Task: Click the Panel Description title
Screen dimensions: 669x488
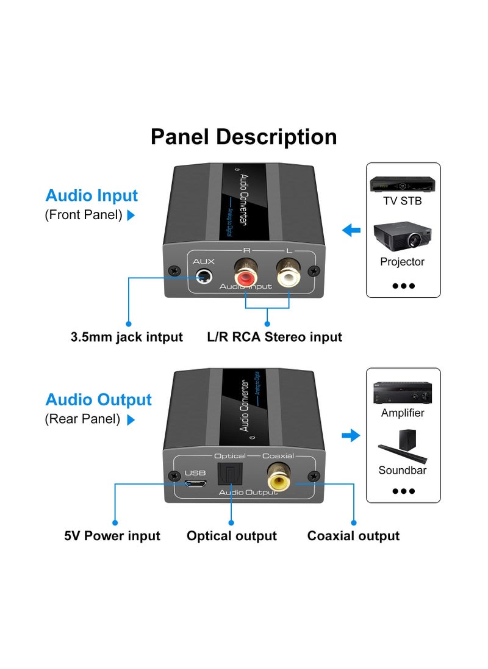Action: [243, 137]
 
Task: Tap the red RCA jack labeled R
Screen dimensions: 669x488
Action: [245, 278]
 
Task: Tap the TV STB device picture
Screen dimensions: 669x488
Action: [403, 184]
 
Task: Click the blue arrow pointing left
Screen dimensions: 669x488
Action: [351, 231]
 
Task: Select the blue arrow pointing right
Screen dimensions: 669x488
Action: [351, 435]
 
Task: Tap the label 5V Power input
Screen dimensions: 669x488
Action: [112, 536]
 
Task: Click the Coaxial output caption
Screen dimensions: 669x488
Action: [353, 536]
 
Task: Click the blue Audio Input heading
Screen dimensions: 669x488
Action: [91, 196]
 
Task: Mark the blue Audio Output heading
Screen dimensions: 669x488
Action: [98, 400]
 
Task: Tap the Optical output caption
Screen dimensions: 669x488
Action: [232, 536]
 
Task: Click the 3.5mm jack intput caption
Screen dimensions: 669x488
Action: [127, 337]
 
